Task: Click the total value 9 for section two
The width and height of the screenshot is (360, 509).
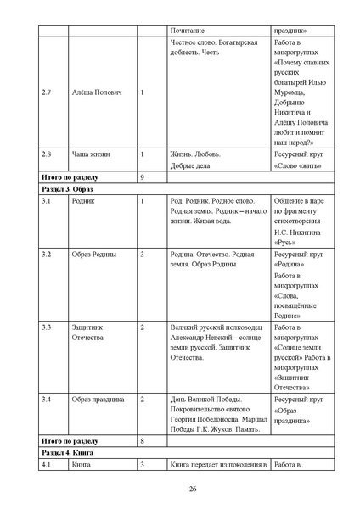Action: point(142,176)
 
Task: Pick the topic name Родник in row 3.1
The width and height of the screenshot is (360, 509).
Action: point(83,201)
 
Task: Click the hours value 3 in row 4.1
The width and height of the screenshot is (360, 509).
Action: point(142,464)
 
